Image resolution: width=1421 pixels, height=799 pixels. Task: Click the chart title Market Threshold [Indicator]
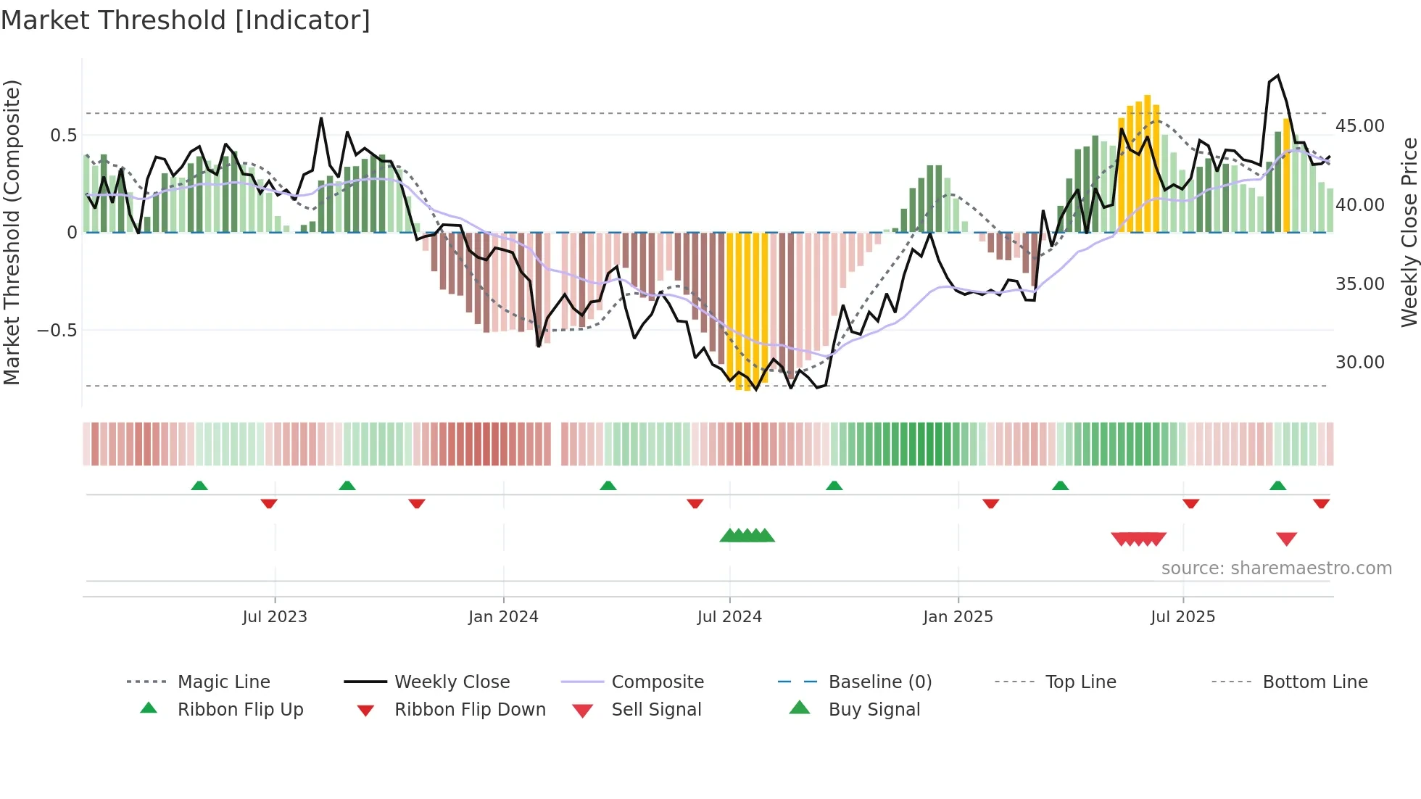186,20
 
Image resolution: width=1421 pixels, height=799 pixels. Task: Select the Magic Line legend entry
223,682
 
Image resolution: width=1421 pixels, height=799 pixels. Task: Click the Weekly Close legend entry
452,682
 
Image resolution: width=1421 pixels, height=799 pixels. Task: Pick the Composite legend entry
657,682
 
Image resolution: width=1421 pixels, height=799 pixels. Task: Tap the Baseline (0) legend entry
879,682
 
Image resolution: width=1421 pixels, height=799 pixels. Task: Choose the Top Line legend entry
1080,682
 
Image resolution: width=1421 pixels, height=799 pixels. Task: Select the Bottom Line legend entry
1314,682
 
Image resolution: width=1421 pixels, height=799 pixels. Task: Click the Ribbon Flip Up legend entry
240,710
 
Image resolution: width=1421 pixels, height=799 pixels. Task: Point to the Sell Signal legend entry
656,710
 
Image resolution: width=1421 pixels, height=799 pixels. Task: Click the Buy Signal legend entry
874,710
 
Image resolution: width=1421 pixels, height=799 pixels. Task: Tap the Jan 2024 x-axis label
503,617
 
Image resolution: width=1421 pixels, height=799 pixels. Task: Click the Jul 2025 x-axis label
1182,617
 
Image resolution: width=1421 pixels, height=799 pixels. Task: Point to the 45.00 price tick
1359,126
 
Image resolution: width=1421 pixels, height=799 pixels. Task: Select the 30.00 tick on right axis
1359,363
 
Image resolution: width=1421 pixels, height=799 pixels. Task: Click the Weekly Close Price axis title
1409,232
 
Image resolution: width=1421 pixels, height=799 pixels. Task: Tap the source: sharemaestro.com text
1276,568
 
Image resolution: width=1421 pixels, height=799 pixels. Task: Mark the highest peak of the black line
1277,75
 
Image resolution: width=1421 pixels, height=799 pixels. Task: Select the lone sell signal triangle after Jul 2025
1286,539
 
